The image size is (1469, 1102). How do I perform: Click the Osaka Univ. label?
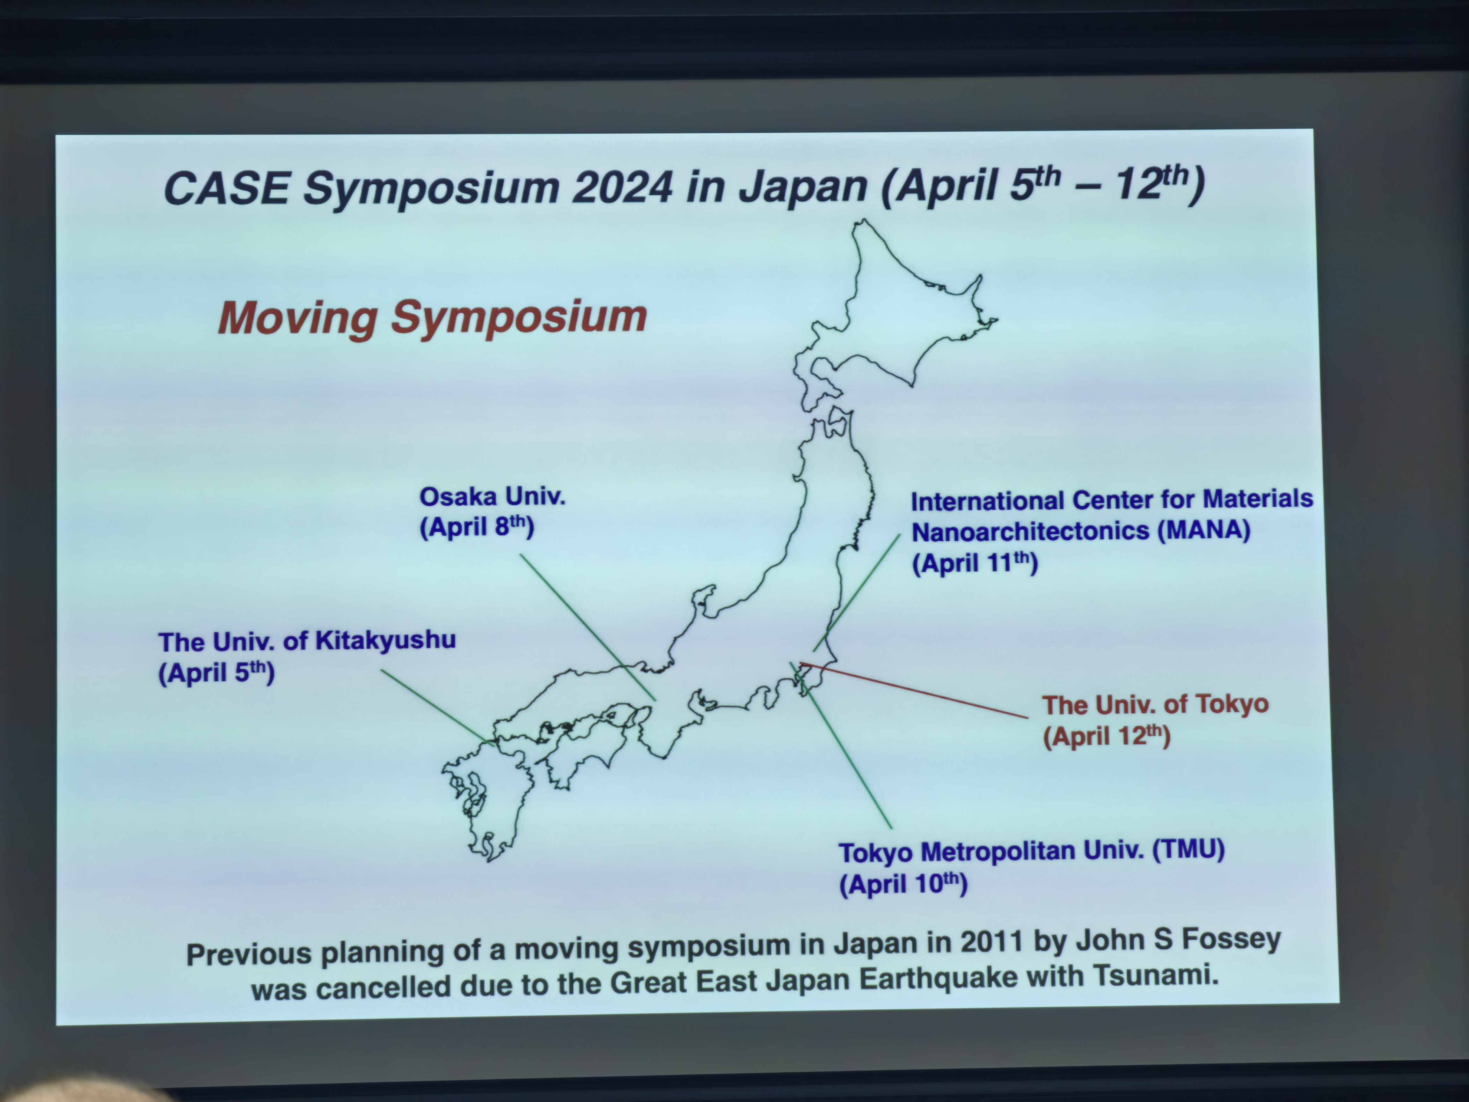pos(492,496)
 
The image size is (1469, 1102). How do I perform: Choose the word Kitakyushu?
pos(385,640)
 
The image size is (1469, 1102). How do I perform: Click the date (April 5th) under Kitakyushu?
pos(216,672)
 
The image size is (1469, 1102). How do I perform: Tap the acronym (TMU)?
pos(1188,849)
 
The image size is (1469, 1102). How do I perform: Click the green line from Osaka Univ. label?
pos(588,628)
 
